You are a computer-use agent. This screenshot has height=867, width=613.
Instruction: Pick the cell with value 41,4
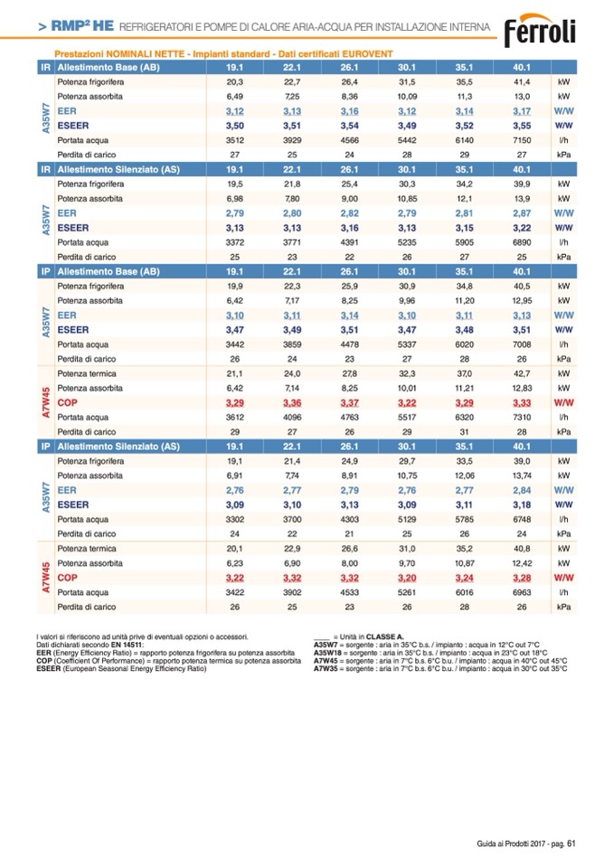click(x=522, y=81)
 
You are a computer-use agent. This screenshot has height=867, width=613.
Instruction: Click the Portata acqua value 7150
click(x=522, y=140)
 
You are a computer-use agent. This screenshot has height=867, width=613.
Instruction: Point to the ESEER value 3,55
click(x=522, y=126)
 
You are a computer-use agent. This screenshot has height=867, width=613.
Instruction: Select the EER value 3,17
click(x=522, y=110)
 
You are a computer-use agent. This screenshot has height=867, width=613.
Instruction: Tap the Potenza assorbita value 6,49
click(x=235, y=96)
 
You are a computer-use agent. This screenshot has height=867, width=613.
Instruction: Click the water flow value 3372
click(x=235, y=242)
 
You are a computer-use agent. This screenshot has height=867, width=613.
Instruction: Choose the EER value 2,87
click(x=522, y=212)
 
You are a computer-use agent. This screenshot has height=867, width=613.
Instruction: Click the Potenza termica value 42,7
click(x=522, y=372)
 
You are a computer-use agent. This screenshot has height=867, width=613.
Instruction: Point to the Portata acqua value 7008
click(x=522, y=344)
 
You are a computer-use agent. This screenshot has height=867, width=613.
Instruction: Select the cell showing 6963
click(x=522, y=592)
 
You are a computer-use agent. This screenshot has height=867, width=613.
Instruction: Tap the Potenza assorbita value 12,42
click(x=522, y=562)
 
